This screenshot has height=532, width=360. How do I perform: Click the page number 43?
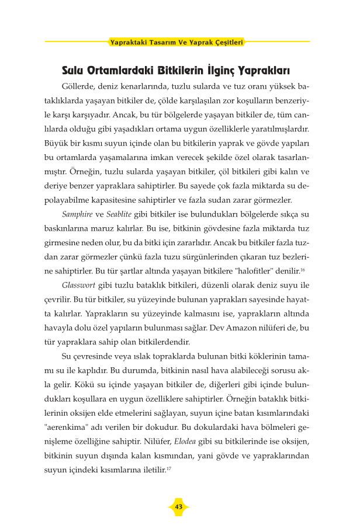coord(179,506)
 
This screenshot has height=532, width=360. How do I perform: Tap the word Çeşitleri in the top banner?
coord(227,42)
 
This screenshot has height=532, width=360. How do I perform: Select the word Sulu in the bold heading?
coord(75,71)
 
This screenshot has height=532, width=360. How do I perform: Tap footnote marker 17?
coord(170,468)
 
